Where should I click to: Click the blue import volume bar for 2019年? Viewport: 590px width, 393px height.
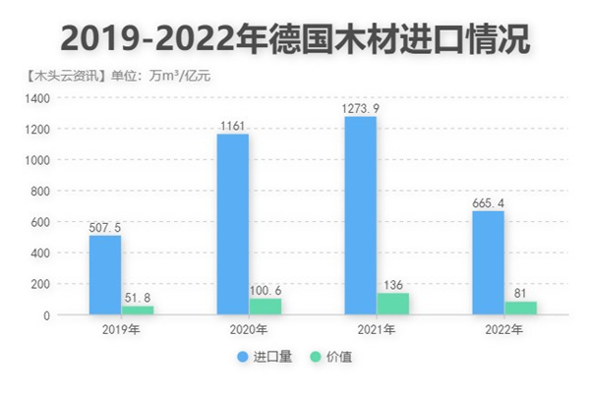pyautogui.click(x=105, y=275)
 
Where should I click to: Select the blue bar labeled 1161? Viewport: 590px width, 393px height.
pyautogui.click(x=232, y=224)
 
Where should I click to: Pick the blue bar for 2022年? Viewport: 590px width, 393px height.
pyautogui.click(x=488, y=262)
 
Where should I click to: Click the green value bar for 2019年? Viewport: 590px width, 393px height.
pyautogui.click(x=138, y=310)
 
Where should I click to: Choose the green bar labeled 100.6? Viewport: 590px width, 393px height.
pyautogui.click(x=265, y=307)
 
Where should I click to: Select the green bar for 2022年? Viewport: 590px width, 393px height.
pyautogui.click(x=520, y=309)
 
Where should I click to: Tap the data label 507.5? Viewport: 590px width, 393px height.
pyautogui.click(x=105, y=227)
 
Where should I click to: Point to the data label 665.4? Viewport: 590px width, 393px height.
pyautogui.click(x=488, y=202)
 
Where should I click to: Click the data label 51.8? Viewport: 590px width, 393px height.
pyautogui.click(x=138, y=297)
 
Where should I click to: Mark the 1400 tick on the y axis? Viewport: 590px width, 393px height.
pyautogui.click(x=36, y=98)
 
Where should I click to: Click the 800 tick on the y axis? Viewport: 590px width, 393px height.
pyautogui.click(x=39, y=192)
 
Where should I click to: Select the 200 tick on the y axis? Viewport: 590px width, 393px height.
pyautogui.click(x=39, y=284)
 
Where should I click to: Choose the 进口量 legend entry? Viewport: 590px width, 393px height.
pyautogui.click(x=265, y=357)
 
